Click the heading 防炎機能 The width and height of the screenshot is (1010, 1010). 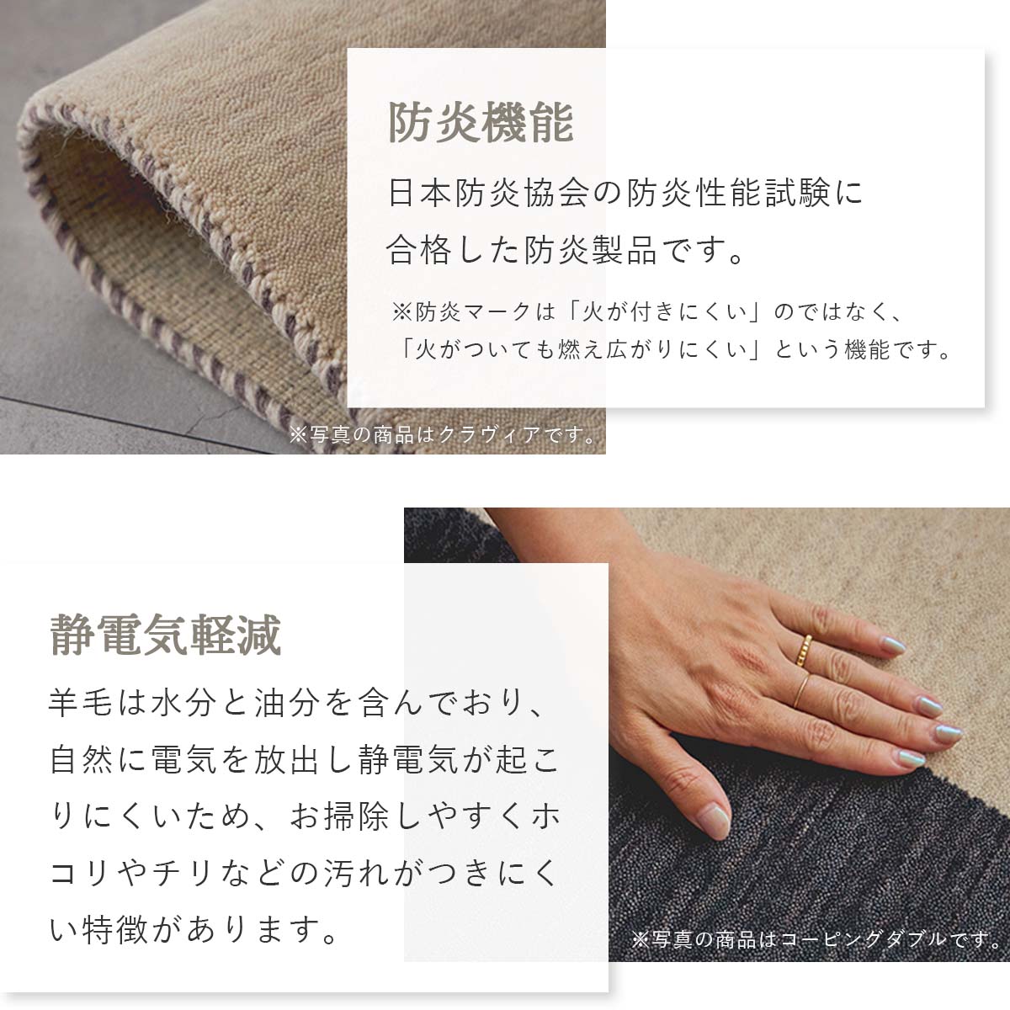pyautogui.click(x=480, y=123)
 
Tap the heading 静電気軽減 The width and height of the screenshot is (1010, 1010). pyautogui.click(x=166, y=635)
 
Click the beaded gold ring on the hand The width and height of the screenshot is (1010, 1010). pyautogui.click(x=804, y=651)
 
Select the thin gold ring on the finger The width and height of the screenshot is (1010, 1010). pyautogui.click(x=801, y=691)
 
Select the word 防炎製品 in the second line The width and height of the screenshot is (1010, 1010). pyautogui.click(x=590, y=250)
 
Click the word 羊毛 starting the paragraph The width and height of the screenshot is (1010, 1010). pyautogui.click(x=82, y=702)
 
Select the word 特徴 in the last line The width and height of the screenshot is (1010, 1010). pyautogui.click(x=114, y=931)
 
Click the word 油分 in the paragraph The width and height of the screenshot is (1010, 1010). pyautogui.click(x=287, y=702)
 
